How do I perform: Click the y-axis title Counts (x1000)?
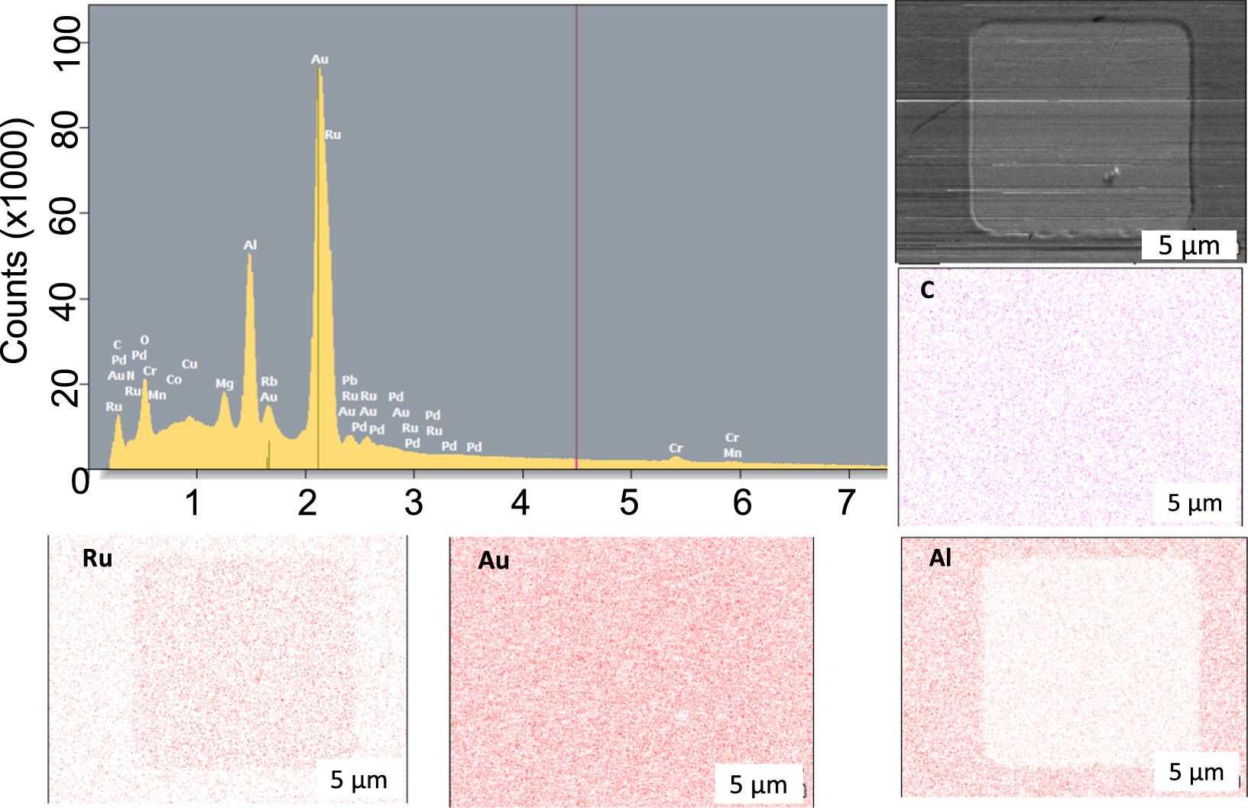(15, 241)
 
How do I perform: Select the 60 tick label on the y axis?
(67, 213)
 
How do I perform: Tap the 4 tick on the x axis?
(520, 503)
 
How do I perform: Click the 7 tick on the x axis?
(846, 503)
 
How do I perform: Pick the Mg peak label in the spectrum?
(224, 384)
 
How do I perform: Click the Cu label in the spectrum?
(190, 364)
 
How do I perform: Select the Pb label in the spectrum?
(349, 380)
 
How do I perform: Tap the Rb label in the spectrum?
(269, 381)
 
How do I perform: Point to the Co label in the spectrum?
(174, 379)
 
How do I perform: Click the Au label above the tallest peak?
(319, 59)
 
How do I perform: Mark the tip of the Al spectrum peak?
(250, 255)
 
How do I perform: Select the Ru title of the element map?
(97, 559)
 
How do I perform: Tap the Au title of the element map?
(494, 561)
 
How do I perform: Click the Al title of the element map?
(941, 558)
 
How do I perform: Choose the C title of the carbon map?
(928, 290)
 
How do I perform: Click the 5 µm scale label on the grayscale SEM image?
(1188, 245)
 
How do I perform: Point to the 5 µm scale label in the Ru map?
(358, 780)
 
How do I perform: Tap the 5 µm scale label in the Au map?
(757, 784)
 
